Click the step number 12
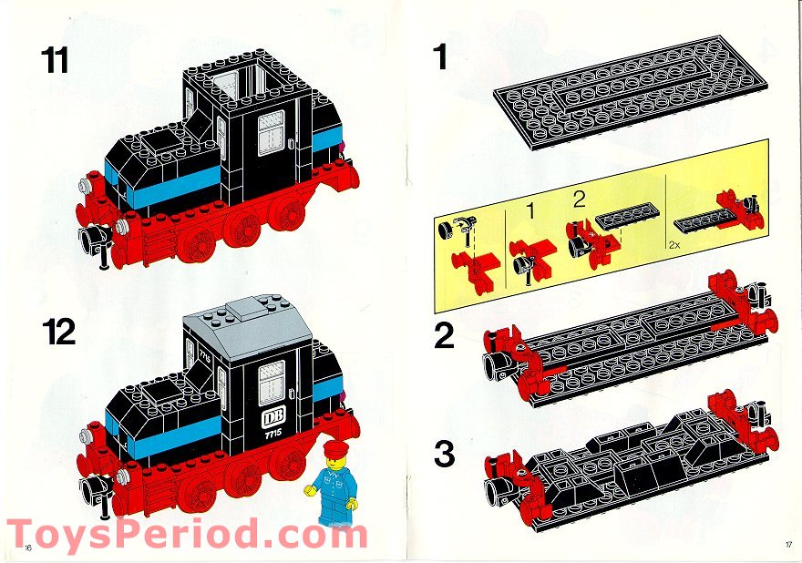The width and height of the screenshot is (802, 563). coord(59,333)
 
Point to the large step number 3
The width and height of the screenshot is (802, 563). coord(444,454)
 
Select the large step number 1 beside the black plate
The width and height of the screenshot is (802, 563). coord(441,58)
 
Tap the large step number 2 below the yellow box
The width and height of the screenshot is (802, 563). coord(444,336)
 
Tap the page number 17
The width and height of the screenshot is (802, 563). coord(787,547)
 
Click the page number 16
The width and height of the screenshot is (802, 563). coord(28,547)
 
